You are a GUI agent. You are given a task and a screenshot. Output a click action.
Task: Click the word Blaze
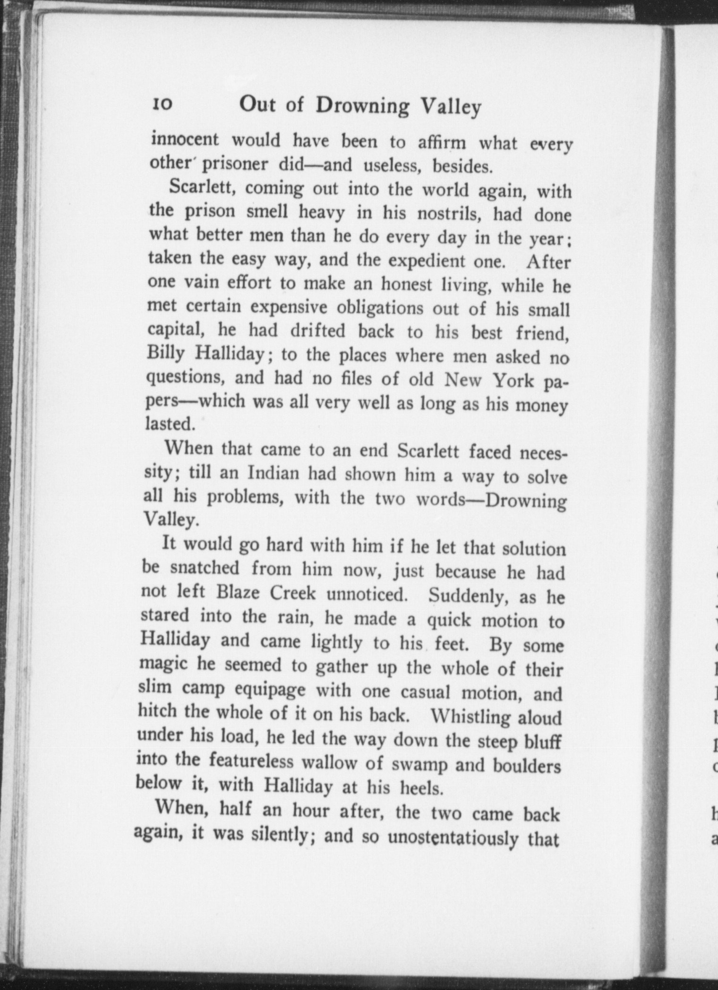click(x=238, y=592)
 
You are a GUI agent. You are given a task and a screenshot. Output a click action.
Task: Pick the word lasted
click(x=170, y=423)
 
